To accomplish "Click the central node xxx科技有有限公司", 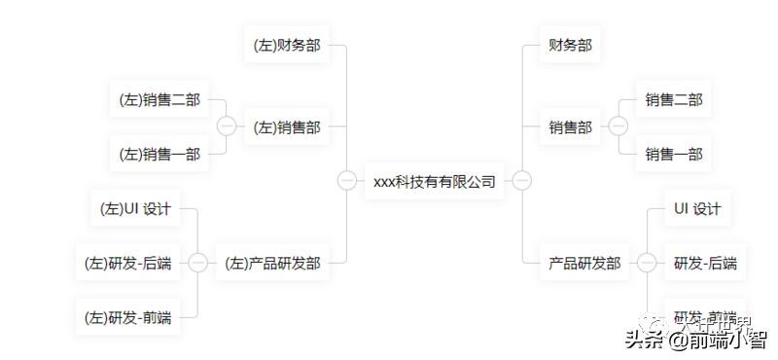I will [435, 181].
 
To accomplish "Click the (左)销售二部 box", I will [159, 99].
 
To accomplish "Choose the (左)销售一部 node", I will [159, 154].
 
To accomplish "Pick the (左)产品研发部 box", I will [271, 263].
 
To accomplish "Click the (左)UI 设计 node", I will [135, 208].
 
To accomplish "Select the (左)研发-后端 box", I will [128, 263].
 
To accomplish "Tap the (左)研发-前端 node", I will [128, 317].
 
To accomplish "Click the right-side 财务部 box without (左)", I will [570, 45].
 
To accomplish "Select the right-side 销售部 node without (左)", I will [570, 126].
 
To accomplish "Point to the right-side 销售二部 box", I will [674, 99].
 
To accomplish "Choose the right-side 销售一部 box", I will [674, 154].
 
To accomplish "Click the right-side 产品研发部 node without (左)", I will [583, 263].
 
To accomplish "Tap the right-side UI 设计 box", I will [697, 208].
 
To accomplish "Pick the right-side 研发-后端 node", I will [705, 263].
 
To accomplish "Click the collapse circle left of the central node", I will [346, 181].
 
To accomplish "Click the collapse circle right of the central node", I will [522, 181].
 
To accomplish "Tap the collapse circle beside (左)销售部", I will [227, 126].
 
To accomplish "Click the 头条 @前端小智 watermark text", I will [694, 340].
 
